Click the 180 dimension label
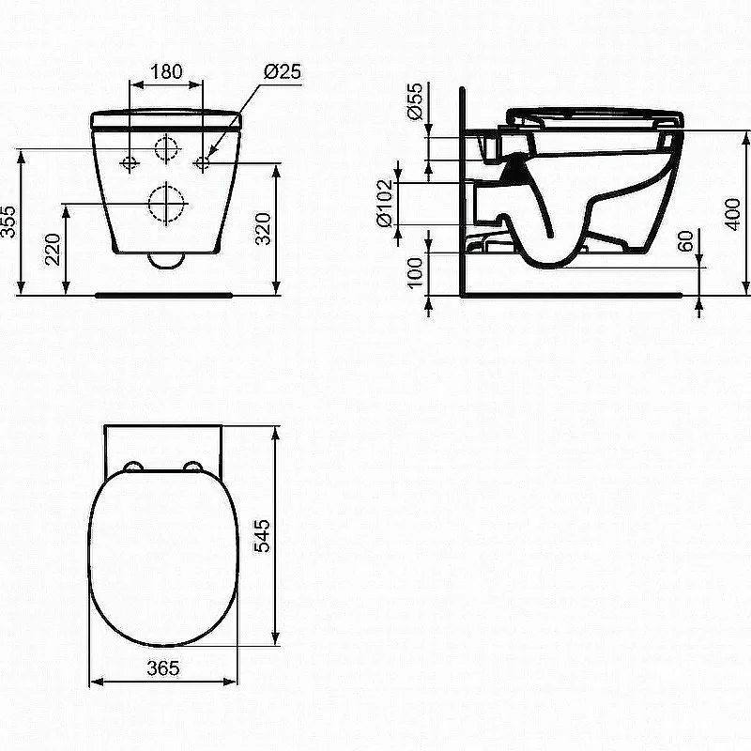click(167, 71)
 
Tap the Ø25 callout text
click(283, 71)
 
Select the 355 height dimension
click(8, 222)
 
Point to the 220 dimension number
click(53, 249)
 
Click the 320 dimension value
click(263, 229)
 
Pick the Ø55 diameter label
click(414, 100)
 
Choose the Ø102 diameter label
click(385, 204)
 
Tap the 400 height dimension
click(733, 214)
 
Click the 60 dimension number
click(686, 241)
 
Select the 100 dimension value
click(415, 272)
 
